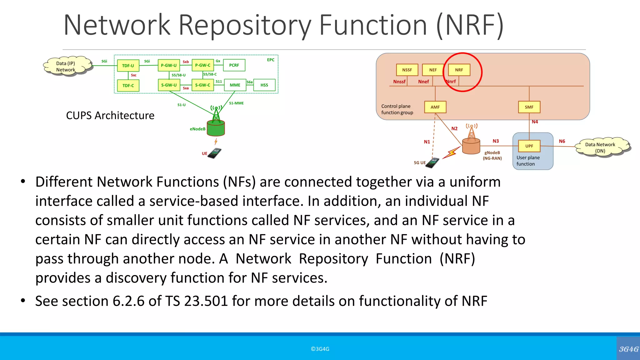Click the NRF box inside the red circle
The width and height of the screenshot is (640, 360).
coord(459,70)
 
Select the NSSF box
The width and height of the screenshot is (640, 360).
coord(407,70)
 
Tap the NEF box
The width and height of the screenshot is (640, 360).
coord(433,70)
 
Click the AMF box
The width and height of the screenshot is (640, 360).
coord(435,107)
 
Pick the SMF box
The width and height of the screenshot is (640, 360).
coord(529,107)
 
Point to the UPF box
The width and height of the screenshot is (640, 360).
coord(529,146)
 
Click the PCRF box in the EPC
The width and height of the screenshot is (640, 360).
coord(234,65)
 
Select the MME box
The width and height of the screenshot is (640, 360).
coord(235,85)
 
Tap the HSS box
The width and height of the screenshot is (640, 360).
coord(264,85)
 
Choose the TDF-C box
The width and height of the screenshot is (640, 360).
coord(128,86)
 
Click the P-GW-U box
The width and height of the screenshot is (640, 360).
coord(169,66)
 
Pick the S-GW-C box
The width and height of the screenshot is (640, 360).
coord(202,85)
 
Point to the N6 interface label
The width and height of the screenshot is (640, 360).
coord(562,141)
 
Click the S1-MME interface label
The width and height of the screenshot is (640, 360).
coord(236,103)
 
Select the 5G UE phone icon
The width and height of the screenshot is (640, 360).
coord(433,163)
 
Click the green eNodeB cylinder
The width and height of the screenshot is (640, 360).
coord(216,128)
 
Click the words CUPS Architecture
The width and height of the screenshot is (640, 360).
coord(110,116)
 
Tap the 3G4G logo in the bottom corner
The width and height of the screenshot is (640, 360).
coord(628,349)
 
